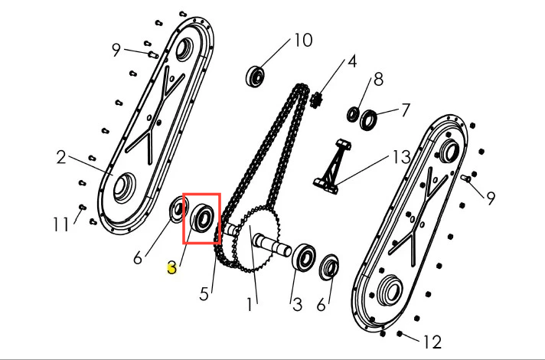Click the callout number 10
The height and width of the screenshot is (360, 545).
click(x=303, y=40)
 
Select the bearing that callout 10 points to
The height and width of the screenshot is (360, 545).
click(x=256, y=76)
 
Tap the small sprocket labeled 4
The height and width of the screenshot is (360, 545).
click(x=317, y=100)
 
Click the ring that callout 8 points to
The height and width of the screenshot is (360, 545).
click(x=354, y=114)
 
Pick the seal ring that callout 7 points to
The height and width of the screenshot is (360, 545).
click(x=368, y=120)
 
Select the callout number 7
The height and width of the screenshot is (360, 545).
click(x=405, y=110)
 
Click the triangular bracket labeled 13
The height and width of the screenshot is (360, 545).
click(x=333, y=166)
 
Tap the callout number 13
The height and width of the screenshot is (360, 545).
click(x=401, y=157)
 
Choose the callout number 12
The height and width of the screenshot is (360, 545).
click(x=432, y=342)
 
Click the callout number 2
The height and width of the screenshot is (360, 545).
click(x=60, y=157)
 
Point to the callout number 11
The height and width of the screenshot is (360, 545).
click(x=60, y=224)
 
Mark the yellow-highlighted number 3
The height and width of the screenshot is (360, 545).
click(x=172, y=268)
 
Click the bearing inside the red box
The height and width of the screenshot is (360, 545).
click(x=203, y=220)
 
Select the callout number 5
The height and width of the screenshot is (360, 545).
click(x=204, y=294)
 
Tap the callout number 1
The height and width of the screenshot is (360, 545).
click(x=250, y=305)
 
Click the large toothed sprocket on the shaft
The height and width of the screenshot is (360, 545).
click(x=256, y=239)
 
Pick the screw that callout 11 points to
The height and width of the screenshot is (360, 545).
click(x=83, y=208)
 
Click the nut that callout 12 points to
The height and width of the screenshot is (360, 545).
click(x=400, y=334)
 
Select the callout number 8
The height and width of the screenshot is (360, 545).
click(x=378, y=80)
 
